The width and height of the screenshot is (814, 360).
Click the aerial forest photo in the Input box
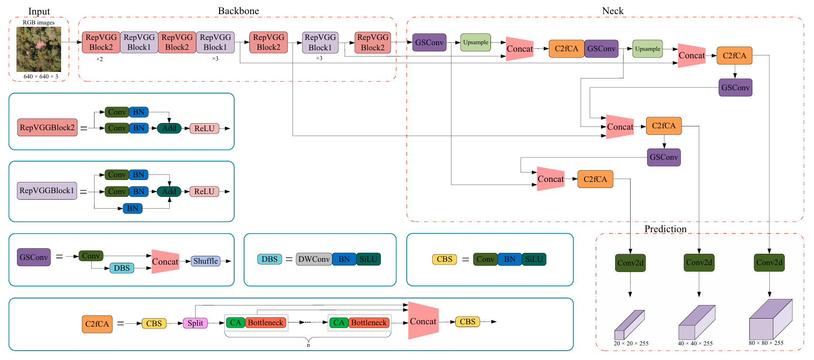point(39,49)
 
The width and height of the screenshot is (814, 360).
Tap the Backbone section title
point(238,11)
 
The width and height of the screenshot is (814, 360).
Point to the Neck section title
point(613,11)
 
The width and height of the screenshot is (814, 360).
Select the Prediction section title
point(665,229)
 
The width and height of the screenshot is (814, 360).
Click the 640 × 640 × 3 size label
point(41,77)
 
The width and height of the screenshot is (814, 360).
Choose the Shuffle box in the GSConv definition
point(205,261)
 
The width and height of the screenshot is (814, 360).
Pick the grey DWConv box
point(314,259)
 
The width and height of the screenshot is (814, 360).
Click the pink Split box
point(195,323)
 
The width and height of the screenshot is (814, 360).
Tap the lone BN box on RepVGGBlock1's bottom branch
point(133,208)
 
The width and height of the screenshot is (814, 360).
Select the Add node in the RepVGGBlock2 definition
point(169,128)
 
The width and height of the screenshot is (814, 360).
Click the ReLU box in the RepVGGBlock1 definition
point(204,191)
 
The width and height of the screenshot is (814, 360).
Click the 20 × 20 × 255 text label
point(631,344)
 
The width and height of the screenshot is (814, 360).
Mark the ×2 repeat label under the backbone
point(100,59)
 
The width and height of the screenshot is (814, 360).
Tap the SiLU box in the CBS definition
point(534,259)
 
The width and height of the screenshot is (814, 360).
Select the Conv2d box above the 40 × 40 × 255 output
point(699,263)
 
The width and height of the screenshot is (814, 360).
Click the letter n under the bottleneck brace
point(308,345)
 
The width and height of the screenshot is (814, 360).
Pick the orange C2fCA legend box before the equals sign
point(97,324)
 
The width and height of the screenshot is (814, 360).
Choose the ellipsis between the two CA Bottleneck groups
point(307,322)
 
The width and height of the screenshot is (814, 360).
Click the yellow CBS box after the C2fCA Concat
point(467,322)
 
